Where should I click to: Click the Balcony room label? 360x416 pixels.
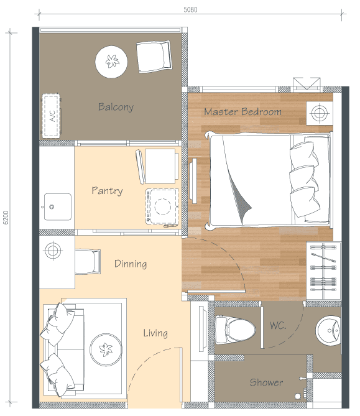click(116, 107)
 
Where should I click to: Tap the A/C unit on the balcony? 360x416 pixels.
click(52, 116)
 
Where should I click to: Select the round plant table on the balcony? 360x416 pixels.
click(111, 62)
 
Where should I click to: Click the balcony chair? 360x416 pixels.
click(154, 56)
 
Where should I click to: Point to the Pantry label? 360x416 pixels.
click(107, 191)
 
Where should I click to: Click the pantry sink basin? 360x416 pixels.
click(58, 206)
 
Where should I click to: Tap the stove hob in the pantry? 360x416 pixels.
click(162, 206)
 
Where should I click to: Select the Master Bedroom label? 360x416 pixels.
click(242, 112)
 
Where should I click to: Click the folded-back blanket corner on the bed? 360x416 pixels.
click(241, 202)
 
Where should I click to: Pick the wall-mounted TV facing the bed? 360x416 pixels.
click(193, 181)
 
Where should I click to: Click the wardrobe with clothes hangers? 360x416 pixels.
click(324, 270)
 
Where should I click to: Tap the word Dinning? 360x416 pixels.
click(131, 264)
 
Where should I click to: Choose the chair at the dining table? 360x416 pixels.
click(88, 262)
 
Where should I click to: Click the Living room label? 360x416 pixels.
click(155, 333)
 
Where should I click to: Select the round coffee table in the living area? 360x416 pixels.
click(106, 349)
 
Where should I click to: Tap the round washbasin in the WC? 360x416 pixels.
click(328, 331)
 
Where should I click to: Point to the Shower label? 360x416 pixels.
click(266, 382)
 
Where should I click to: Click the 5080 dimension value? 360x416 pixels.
click(190, 10)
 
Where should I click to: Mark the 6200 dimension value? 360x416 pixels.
click(6, 218)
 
